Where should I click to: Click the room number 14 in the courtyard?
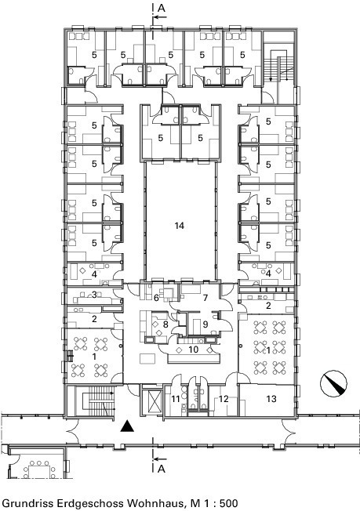point(180,225)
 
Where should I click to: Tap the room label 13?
point(271,399)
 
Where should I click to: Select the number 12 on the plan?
point(224,399)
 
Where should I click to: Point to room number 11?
point(176,399)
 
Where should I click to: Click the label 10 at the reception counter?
point(194,350)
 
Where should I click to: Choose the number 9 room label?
point(205,324)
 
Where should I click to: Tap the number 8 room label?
point(165,324)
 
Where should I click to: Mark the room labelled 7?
point(205,298)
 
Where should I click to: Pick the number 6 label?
point(156,298)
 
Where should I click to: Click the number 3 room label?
point(94,295)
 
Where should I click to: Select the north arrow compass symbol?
point(333,383)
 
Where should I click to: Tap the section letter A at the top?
point(162,8)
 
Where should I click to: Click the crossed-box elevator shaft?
point(155,400)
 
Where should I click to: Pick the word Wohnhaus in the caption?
point(153,503)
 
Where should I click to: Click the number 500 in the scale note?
point(228,503)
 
